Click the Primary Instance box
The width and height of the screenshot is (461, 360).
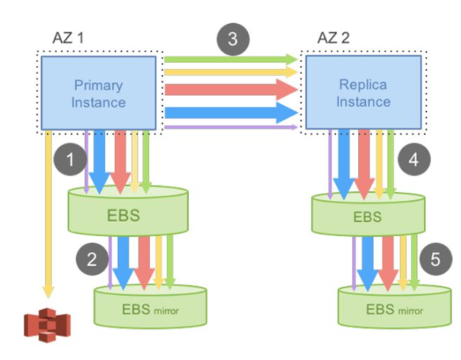point(98,93)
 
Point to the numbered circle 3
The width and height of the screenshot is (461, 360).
point(232,40)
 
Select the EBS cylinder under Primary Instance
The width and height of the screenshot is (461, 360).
point(127,217)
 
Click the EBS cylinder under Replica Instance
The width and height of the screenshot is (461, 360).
point(367,217)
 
